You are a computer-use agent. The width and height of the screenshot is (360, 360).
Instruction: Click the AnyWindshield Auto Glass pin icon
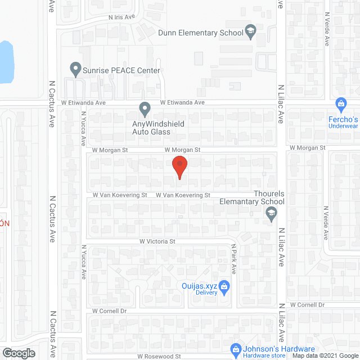(145, 107)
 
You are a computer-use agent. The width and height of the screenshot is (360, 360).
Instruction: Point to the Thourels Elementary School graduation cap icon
(271, 212)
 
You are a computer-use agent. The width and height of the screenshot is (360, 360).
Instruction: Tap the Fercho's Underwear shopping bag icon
(340, 104)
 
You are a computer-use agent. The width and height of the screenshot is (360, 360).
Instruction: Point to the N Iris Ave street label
(123, 17)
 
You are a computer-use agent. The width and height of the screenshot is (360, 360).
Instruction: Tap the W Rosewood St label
(161, 356)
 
